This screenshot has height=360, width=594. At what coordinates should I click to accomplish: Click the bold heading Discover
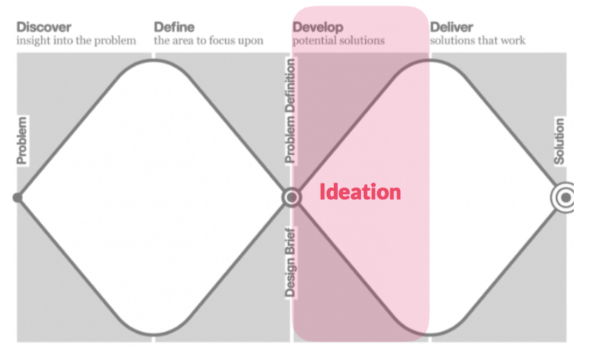(x=44, y=27)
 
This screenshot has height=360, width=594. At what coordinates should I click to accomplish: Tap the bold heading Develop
(x=317, y=27)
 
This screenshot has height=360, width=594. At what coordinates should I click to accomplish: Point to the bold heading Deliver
(x=451, y=27)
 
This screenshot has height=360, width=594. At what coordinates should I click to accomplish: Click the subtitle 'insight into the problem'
(x=76, y=41)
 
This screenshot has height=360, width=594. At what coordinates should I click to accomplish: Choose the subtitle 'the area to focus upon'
(x=209, y=41)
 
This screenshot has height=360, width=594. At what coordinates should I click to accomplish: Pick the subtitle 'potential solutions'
(x=339, y=41)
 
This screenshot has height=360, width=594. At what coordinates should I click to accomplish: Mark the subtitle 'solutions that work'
(x=477, y=41)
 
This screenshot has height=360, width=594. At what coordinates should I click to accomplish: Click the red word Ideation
(x=360, y=192)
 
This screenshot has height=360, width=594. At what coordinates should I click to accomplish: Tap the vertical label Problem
(x=22, y=140)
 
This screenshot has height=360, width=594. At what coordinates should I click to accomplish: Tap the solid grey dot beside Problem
(x=18, y=197)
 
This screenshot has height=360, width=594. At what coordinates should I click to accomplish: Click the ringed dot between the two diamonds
(x=292, y=197)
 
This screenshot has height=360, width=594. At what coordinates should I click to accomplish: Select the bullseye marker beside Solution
(x=565, y=197)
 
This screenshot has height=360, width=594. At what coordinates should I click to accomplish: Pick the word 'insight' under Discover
(x=34, y=41)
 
